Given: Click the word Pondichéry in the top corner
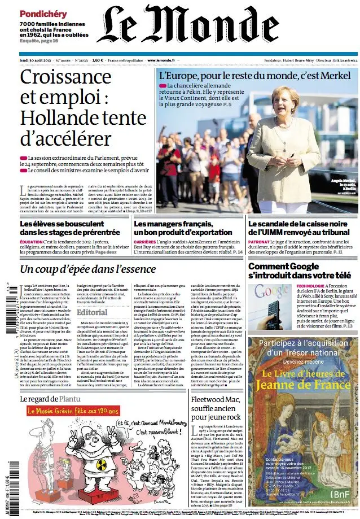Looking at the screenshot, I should (43, 13).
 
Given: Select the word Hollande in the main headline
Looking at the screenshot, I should (55, 118).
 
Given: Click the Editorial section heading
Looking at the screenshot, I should (91, 312).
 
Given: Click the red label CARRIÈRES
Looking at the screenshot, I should (145, 242).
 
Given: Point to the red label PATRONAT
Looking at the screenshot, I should (258, 242).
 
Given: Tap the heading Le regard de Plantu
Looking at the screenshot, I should (48, 398).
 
